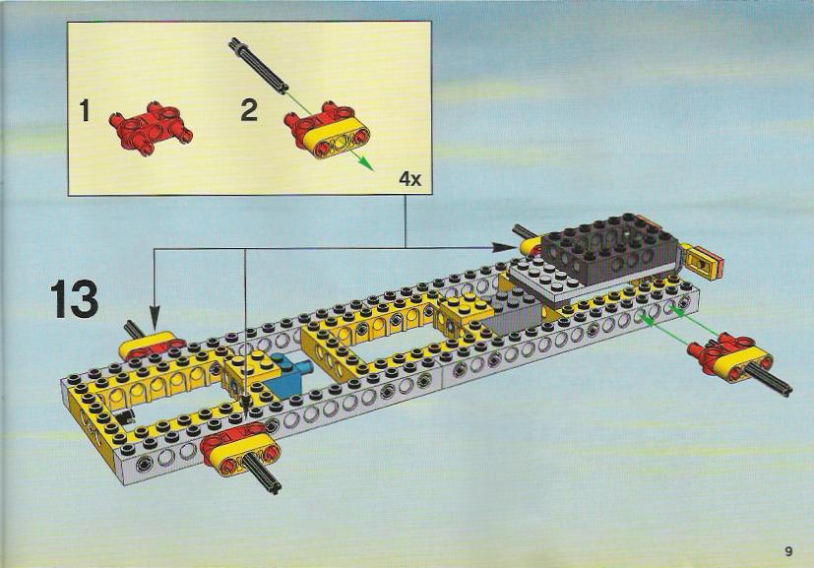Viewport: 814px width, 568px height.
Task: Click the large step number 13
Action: tap(74, 299)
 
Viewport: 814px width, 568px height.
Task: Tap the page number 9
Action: tap(788, 551)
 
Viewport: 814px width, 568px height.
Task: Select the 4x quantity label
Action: tap(410, 179)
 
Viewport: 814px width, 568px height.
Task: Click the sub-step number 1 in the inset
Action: tap(85, 111)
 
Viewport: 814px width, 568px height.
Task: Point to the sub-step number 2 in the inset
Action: tap(249, 110)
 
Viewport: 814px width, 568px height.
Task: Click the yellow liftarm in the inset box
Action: tap(334, 136)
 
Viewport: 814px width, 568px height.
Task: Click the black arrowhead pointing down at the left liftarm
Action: tap(155, 318)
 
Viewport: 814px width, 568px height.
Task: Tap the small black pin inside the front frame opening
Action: tap(125, 414)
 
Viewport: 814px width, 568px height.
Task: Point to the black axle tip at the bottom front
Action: tap(273, 486)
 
